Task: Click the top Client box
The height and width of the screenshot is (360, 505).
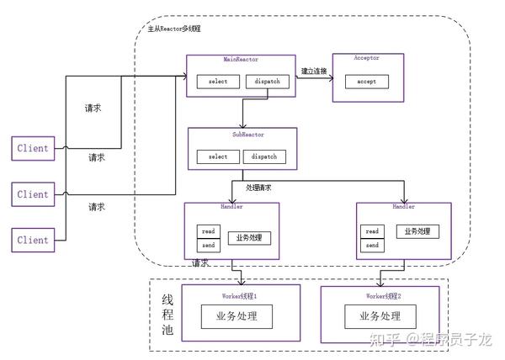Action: coord(33,148)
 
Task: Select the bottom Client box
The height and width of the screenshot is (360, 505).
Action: coord(33,239)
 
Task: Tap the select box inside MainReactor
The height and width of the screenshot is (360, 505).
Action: coord(217,82)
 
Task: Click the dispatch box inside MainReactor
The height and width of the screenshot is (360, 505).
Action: coord(265,82)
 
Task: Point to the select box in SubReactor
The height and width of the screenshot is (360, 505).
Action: coord(217,156)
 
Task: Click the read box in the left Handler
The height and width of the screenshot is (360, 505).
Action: coord(207,231)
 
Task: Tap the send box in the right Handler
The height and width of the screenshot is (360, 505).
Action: coord(371,245)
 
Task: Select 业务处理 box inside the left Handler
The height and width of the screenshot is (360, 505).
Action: coord(249,237)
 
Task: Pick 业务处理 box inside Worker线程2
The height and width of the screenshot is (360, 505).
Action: coord(380,317)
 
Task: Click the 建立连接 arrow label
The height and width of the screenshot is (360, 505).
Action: coord(314,72)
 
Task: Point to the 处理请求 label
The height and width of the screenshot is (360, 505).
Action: coord(258,188)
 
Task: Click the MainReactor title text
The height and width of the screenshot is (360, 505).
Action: coord(240,61)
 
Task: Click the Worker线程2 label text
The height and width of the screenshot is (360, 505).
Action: coord(380,297)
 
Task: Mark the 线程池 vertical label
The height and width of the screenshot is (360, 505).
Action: coord(167,316)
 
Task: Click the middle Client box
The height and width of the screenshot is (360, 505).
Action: coord(33,194)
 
